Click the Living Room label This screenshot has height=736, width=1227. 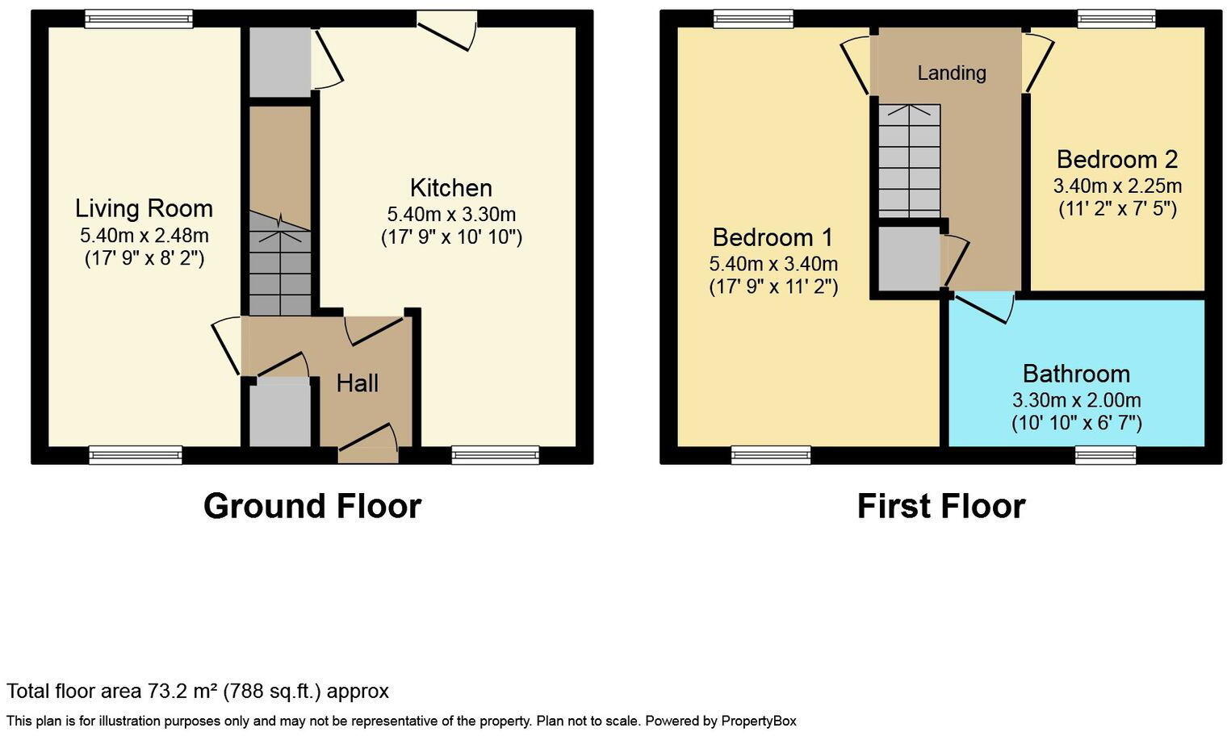click(x=144, y=208)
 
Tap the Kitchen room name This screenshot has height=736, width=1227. click(x=450, y=188)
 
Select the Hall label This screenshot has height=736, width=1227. click(x=358, y=383)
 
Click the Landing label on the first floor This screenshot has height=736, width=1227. click(x=952, y=73)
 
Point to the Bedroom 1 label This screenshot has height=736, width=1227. click(x=773, y=237)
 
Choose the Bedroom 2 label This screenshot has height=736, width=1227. click(x=1116, y=159)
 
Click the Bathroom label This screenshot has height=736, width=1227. click(x=1076, y=374)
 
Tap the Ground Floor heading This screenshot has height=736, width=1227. click(x=312, y=506)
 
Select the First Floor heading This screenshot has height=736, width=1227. click(x=940, y=506)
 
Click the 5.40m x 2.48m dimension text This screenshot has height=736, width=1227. click(x=144, y=236)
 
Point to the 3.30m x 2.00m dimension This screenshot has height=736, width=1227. click(x=1076, y=400)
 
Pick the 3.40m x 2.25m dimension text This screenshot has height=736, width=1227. click(x=1116, y=186)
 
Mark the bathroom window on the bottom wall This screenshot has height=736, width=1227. click(x=1105, y=455)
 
